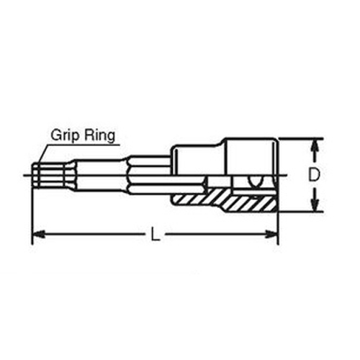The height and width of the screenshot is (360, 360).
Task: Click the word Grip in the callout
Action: pyautogui.click(x=64, y=135)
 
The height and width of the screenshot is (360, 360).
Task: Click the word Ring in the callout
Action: pyautogui.click(x=99, y=135)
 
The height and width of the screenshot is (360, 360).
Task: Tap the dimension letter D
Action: pyautogui.click(x=314, y=175)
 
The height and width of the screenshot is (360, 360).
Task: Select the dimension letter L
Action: pyautogui.click(x=155, y=234)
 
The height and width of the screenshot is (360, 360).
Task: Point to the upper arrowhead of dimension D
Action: pyautogui.click(x=315, y=145)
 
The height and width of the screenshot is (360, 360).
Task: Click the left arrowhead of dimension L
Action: pyautogui.click(x=38, y=234)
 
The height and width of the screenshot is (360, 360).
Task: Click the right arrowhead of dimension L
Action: pyautogui.click(x=271, y=234)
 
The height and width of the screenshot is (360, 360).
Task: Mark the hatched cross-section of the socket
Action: pyautogui.click(x=225, y=199)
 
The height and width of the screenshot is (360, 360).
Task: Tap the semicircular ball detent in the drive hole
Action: pyautogui.click(x=256, y=181)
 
